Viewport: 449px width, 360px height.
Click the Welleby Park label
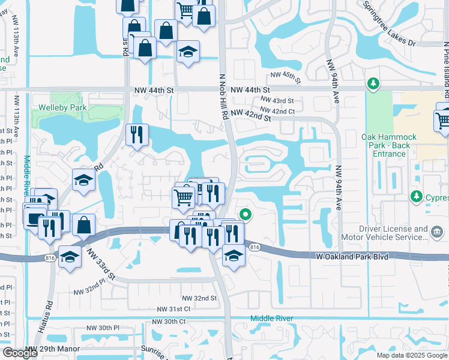tap(62, 108)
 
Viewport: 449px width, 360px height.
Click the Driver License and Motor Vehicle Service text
tap(394, 233)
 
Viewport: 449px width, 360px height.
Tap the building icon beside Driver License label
tap(436, 232)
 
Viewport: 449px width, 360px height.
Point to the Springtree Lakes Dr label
tap(388, 23)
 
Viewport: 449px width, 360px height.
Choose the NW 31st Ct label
tap(173, 308)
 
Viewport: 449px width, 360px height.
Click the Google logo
tap(20, 353)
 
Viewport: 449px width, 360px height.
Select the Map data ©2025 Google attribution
tap(411, 355)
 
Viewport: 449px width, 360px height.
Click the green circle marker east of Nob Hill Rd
tap(245, 214)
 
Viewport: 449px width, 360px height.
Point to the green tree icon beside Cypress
tap(415, 196)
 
